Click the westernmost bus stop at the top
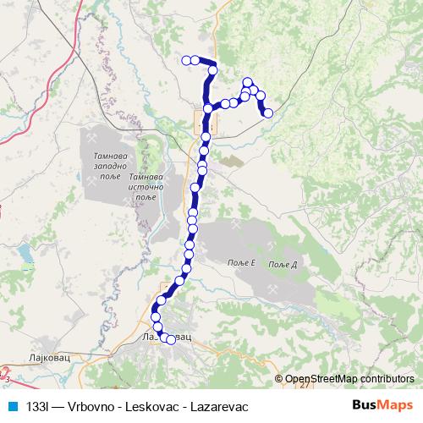[x=186, y=59]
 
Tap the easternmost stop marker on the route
[x=268, y=113]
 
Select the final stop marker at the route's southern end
[x=171, y=340]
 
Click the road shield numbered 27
[x=305, y=385]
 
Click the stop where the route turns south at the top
[x=213, y=69]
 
